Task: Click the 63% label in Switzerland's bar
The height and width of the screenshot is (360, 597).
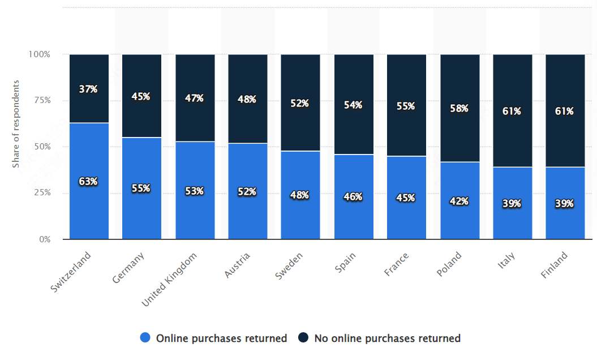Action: point(89,182)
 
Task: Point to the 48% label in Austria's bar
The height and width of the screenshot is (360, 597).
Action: point(247,99)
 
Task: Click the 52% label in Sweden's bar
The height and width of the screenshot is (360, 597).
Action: point(300,103)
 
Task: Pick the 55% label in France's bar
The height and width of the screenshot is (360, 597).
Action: point(406,106)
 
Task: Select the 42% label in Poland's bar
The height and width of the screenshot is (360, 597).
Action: point(459,201)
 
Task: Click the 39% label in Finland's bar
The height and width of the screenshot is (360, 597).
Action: point(565,203)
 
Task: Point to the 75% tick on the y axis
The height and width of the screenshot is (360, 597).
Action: point(39,101)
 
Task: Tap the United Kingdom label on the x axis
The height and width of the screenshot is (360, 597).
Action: point(170,280)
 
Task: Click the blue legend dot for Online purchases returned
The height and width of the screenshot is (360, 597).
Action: point(145,338)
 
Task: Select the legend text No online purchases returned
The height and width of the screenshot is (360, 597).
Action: point(387,338)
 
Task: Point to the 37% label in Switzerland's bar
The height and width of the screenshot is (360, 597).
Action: point(89,89)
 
